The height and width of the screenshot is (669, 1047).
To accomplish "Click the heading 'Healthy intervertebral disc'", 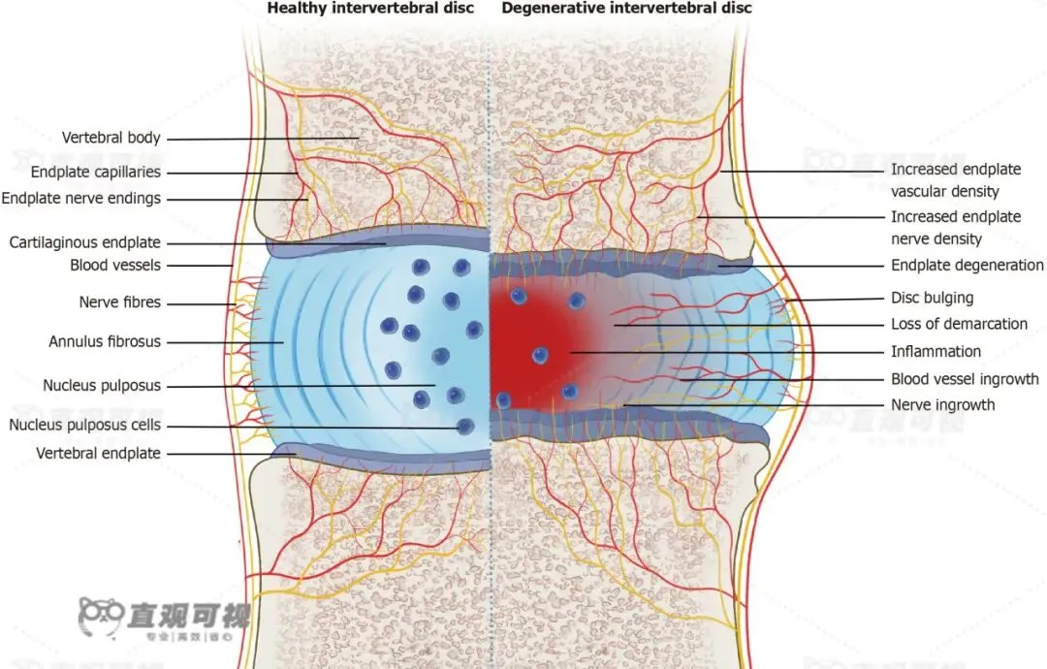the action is point(370,9).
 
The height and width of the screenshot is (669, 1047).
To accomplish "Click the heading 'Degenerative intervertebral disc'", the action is point(626,9).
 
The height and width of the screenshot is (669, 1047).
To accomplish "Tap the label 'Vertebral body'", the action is point(111,138).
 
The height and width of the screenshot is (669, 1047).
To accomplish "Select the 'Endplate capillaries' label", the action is point(96,173).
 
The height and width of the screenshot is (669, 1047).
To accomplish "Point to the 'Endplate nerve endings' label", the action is point(81,199).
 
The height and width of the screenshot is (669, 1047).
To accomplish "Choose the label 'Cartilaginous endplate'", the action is point(85,242).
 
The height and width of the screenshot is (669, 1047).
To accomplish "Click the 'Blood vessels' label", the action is point(115,265).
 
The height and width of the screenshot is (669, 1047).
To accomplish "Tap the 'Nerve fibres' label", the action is point(120,303).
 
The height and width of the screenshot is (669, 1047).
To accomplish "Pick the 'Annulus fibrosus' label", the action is point(105,341).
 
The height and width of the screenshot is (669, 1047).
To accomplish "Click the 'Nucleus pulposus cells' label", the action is point(85,425).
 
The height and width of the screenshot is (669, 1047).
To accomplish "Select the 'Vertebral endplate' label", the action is point(99,453).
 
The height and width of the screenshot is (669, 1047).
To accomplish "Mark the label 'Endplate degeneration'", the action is point(968,265).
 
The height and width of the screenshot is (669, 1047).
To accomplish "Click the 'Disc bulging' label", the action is point(933,298).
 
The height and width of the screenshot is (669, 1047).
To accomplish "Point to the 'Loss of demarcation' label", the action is point(960,324).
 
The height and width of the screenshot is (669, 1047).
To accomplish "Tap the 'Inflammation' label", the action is point(936,351).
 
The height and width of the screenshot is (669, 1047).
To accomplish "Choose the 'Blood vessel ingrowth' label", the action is point(966,379).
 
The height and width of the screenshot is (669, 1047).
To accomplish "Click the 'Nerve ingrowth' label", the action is point(943,404).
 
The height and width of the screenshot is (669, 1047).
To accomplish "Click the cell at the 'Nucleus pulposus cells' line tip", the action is point(465,426).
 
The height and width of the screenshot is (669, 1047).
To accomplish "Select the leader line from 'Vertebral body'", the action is point(262,139).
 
